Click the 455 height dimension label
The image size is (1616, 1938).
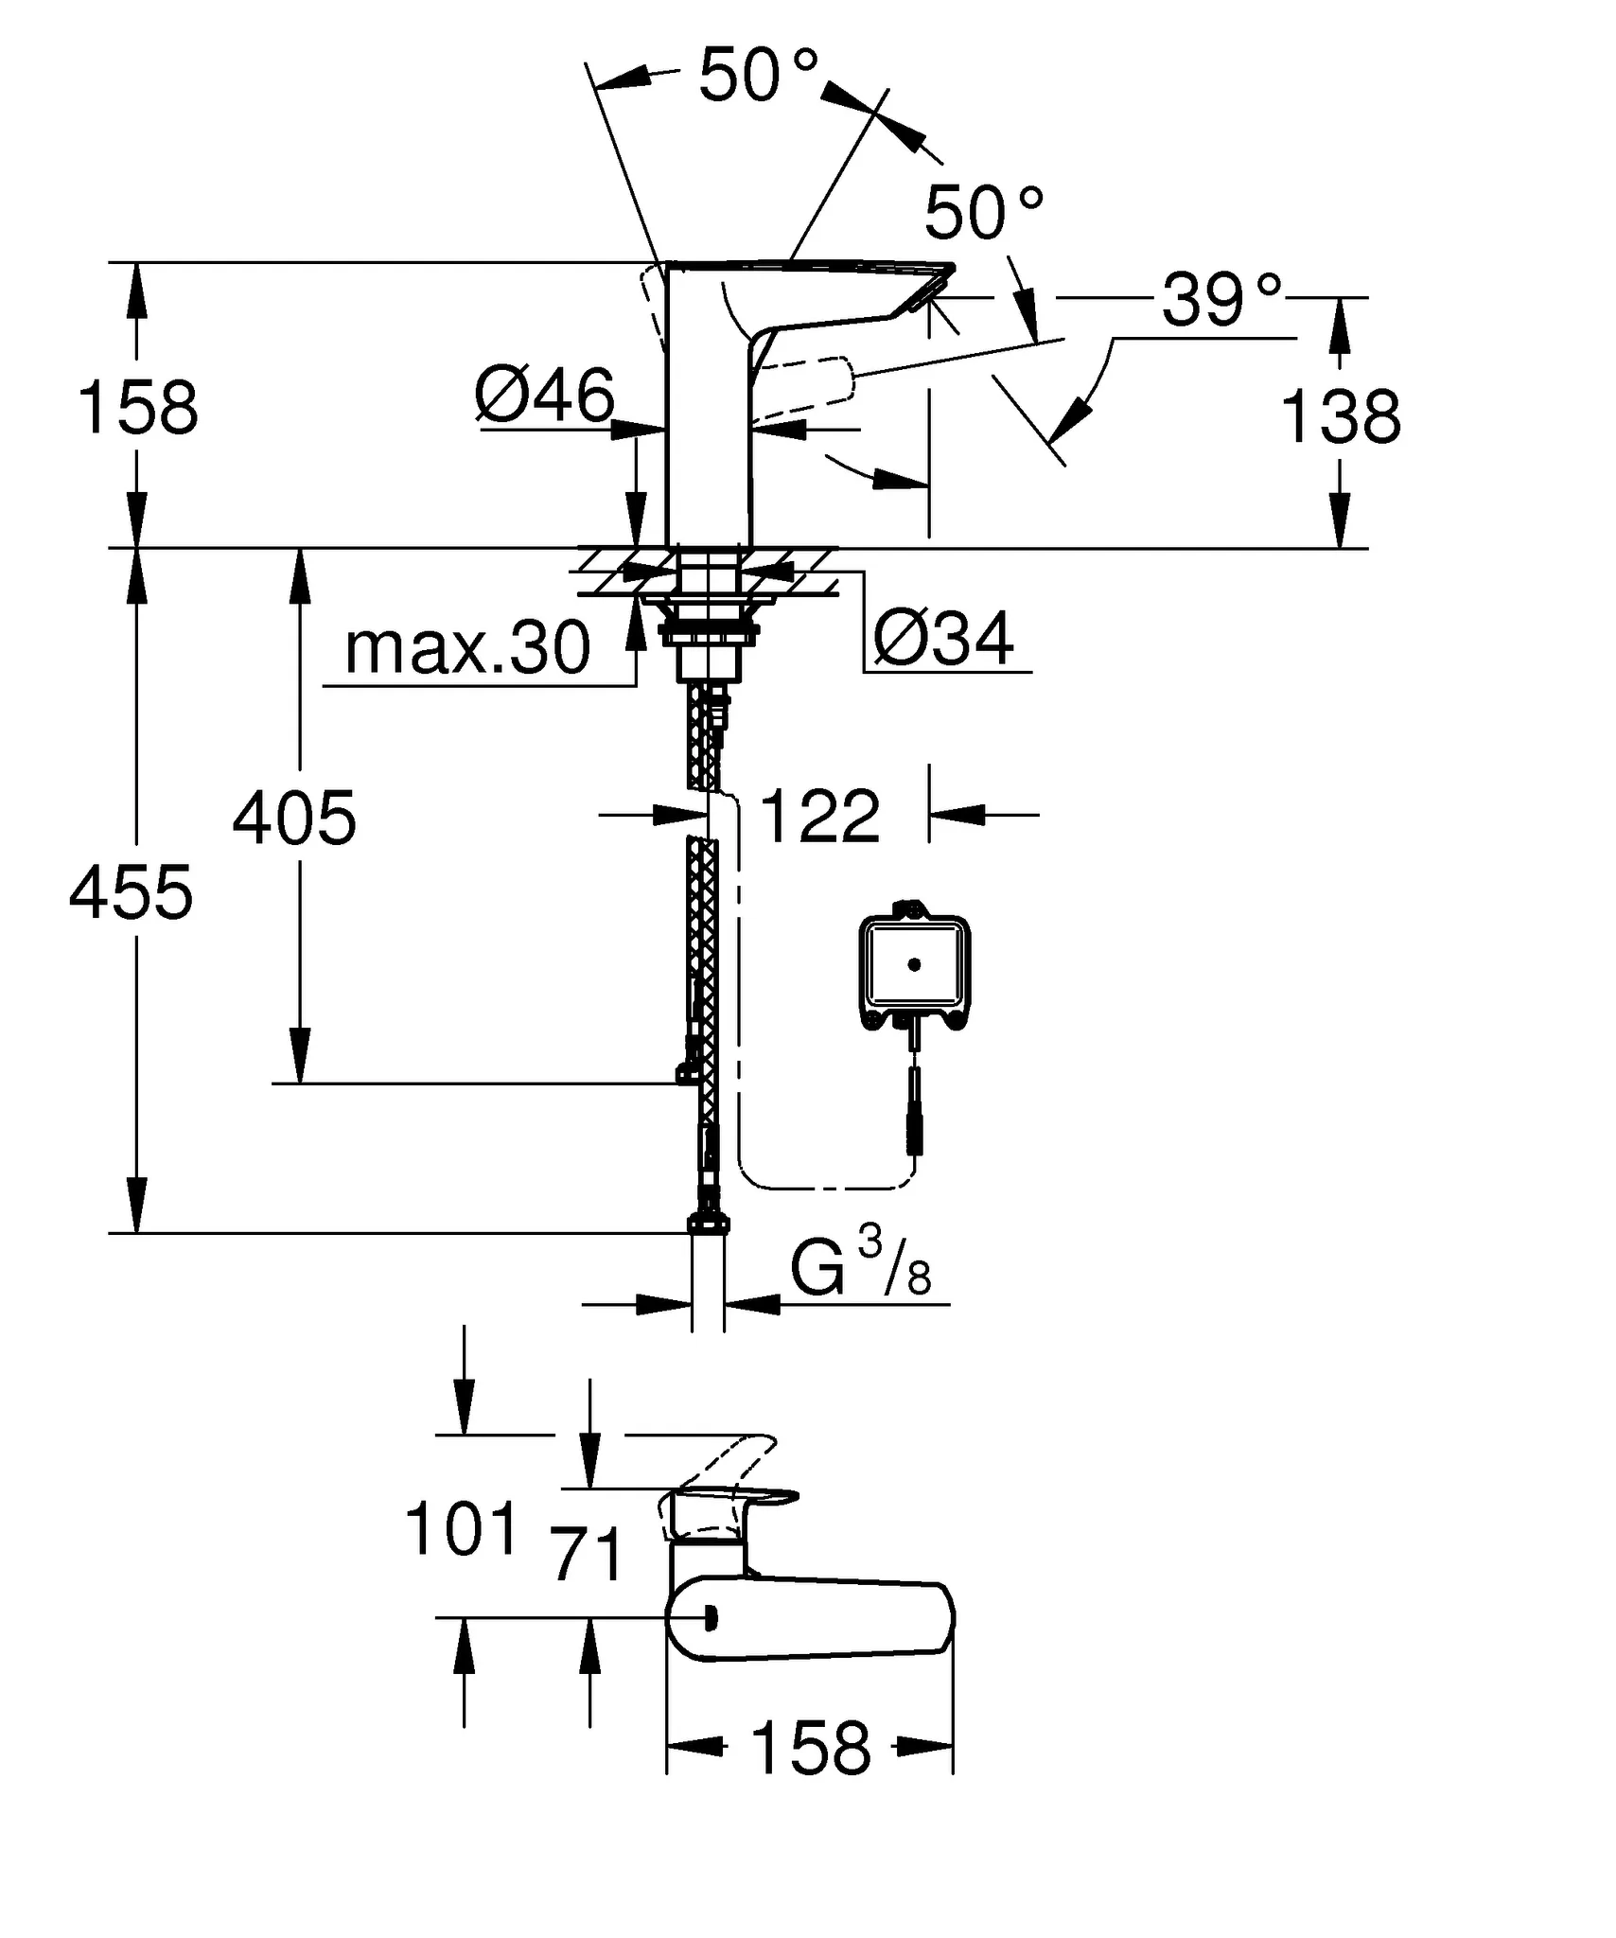click(131, 893)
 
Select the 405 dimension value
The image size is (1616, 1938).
click(294, 819)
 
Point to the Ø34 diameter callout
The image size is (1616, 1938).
click(943, 639)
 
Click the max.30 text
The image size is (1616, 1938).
click(467, 649)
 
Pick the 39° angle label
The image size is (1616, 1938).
click(1221, 301)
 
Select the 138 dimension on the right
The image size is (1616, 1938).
click(1340, 417)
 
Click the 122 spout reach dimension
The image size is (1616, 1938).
click(819, 816)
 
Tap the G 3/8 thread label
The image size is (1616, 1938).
click(860, 1269)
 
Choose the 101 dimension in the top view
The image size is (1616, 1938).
click(462, 1529)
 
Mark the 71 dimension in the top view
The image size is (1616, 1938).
click(588, 1555)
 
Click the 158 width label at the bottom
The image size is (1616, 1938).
click(810, 1750)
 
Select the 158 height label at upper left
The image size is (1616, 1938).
click(137, 409)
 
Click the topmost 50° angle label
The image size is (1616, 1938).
click(757, 76)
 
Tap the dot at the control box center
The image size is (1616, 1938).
click(914, 965)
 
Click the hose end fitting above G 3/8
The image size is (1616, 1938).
click(708, 1224)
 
